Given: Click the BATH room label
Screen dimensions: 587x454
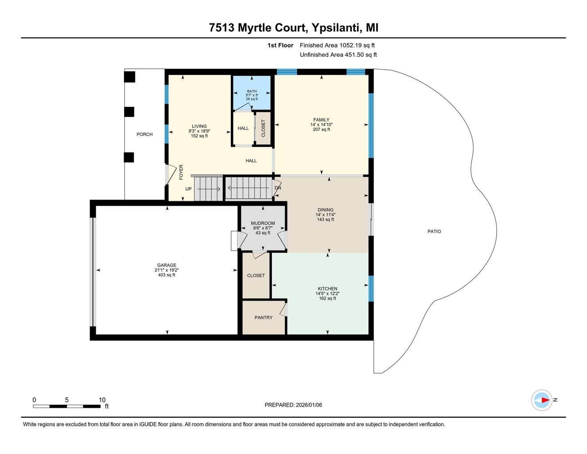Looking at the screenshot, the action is point(252,91).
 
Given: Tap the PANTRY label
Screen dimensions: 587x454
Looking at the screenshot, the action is point(264,317).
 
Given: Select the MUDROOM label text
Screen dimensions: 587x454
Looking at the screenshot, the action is point(263,223).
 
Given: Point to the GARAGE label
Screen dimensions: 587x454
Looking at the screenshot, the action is point(167,265).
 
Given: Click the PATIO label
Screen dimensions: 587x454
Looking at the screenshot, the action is point(434,231).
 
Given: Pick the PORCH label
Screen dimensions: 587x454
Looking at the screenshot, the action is point(144,134).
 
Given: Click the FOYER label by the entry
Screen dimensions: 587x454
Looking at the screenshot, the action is point(181,172).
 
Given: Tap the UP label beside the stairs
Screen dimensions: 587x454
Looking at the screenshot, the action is point(188,189).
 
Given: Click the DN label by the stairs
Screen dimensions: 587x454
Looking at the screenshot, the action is point(278,188).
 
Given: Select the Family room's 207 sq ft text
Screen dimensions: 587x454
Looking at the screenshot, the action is point(322,129).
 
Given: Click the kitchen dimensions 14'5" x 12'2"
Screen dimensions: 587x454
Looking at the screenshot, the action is point(327,294).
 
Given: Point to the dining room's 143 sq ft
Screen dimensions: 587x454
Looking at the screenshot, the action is point(326,219).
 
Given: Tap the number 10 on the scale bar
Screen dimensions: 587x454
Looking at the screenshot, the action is point(102,400).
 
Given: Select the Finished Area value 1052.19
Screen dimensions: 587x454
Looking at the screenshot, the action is point(350,45).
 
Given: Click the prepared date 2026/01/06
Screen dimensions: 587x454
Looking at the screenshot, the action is point(309,405).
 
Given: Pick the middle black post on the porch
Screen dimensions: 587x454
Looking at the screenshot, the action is point(129,112).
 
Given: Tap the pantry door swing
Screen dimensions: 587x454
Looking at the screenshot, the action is point(284,309).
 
